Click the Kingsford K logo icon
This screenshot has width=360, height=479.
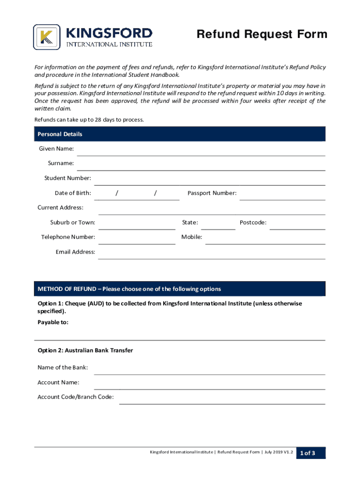pyautogui.click(x=47, y=37)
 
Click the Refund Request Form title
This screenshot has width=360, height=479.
pyautogui.click(x=262, y=35)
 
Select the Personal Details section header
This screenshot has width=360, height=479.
pyautogui.click(x=60, y=134)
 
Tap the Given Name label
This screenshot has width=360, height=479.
pyautogui.click(x=56, y=149)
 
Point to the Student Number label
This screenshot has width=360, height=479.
pyautogui.click(x=68, y=178)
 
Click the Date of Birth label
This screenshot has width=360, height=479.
pyautogui.click(x=73, y=193)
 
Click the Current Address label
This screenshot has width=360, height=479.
pyautogui.click(x=60, y=208)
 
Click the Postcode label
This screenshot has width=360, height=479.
pyautogui.click(x=253, y=223)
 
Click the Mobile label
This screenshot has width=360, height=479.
pyautogui.click(x=192, y=237)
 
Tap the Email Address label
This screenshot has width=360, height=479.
pyautogui.click(x=75, y=252)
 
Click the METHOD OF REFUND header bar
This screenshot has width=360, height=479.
pyautogui.click(x=180, y=289)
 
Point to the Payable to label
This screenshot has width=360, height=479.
pyautogui.click(x=53, y=322)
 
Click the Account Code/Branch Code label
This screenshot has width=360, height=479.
pyautogui.click(x=75, y=397)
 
